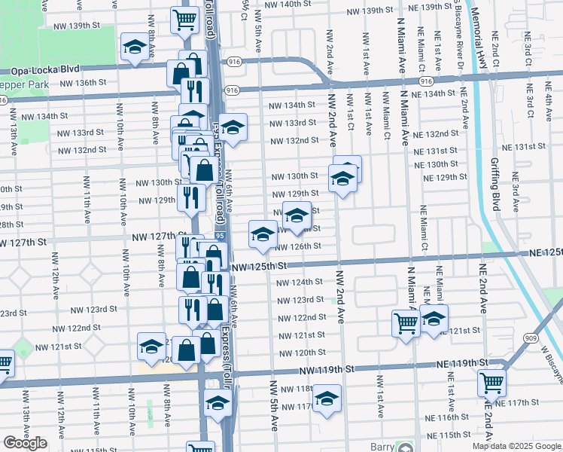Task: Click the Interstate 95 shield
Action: pos(218,237)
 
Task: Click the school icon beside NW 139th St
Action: pos(135,48)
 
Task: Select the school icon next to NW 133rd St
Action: pos(233,126)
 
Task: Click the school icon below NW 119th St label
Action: pos(327,397)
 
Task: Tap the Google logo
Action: pos(25,443)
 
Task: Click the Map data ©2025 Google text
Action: pos(516,446)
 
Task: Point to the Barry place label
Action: pos(383,447)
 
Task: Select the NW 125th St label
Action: pos(260,267)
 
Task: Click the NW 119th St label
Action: pos(325,370)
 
